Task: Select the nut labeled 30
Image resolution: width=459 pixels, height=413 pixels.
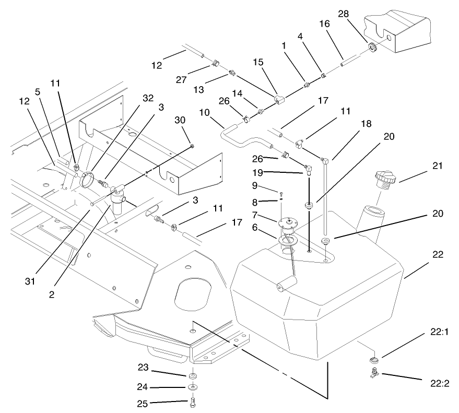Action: coord(193,145)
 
